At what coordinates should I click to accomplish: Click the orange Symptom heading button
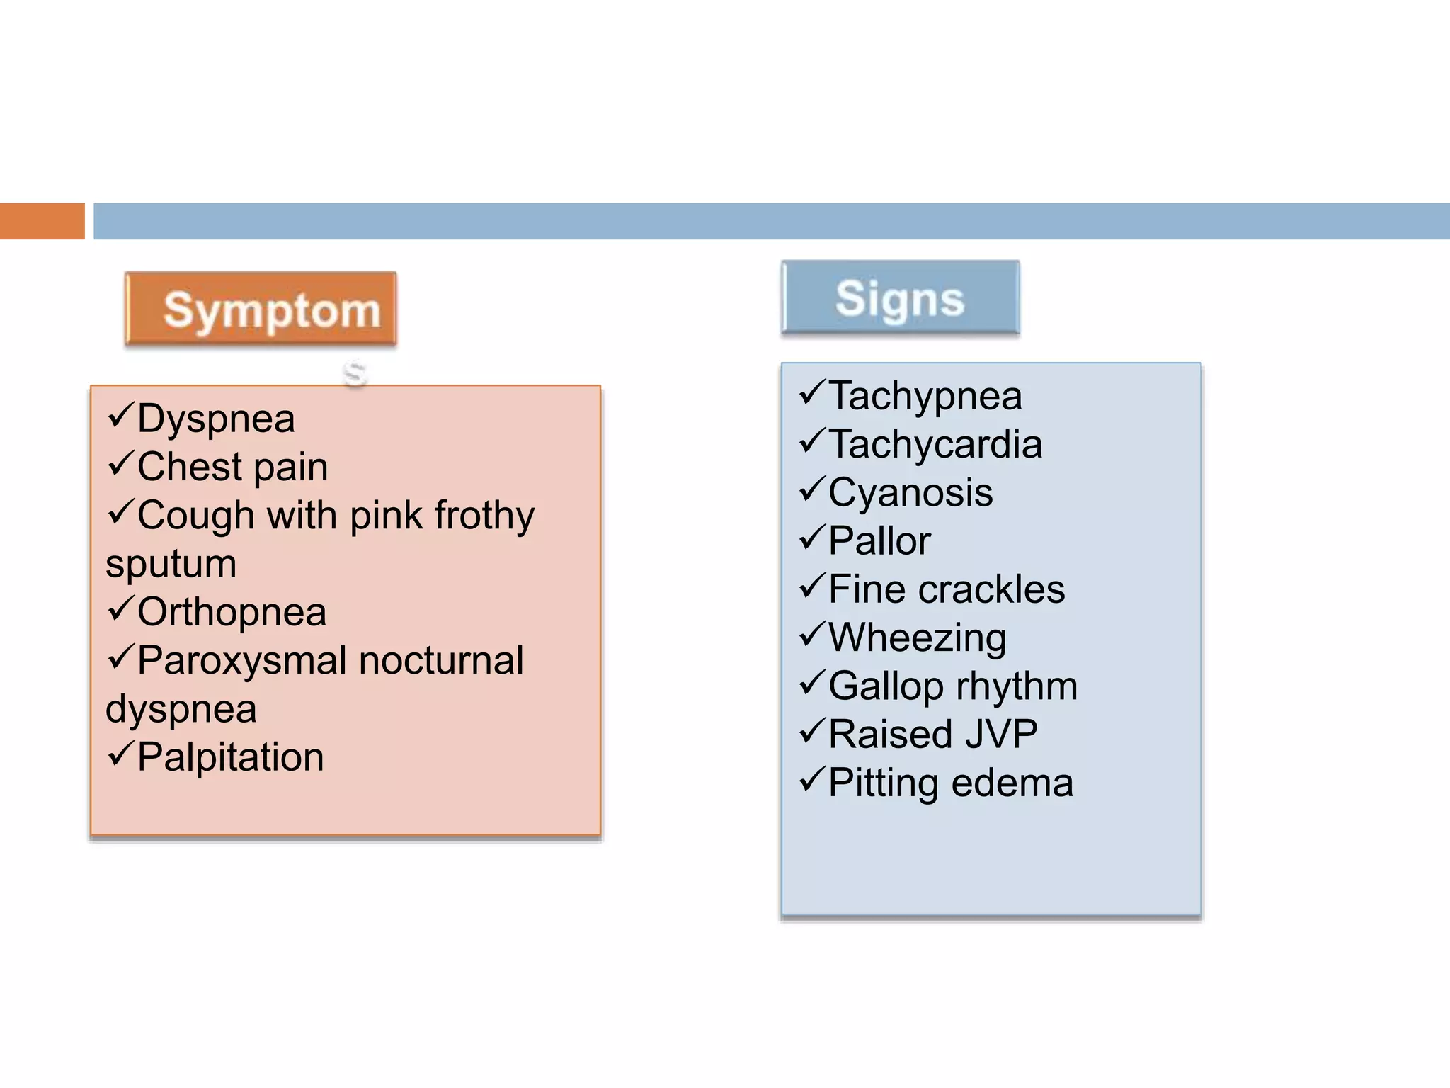coord(261,309)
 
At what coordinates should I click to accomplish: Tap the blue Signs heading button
coord(900,297)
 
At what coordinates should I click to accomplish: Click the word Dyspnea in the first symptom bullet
coord(216,418)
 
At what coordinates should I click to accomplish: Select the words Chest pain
coord(232,467)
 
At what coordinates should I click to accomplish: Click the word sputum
coord(171,565)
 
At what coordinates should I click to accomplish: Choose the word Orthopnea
coord(232,612)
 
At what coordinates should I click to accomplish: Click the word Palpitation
coord(230,756)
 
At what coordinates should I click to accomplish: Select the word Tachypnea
coord(925,396)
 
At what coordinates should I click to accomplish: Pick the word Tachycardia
coord(935,444)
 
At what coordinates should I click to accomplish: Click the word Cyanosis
coord(910,492)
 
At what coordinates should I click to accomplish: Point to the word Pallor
coord(879,541)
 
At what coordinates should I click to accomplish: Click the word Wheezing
coord(917,637)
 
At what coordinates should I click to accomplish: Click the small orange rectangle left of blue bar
coord(42,221)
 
